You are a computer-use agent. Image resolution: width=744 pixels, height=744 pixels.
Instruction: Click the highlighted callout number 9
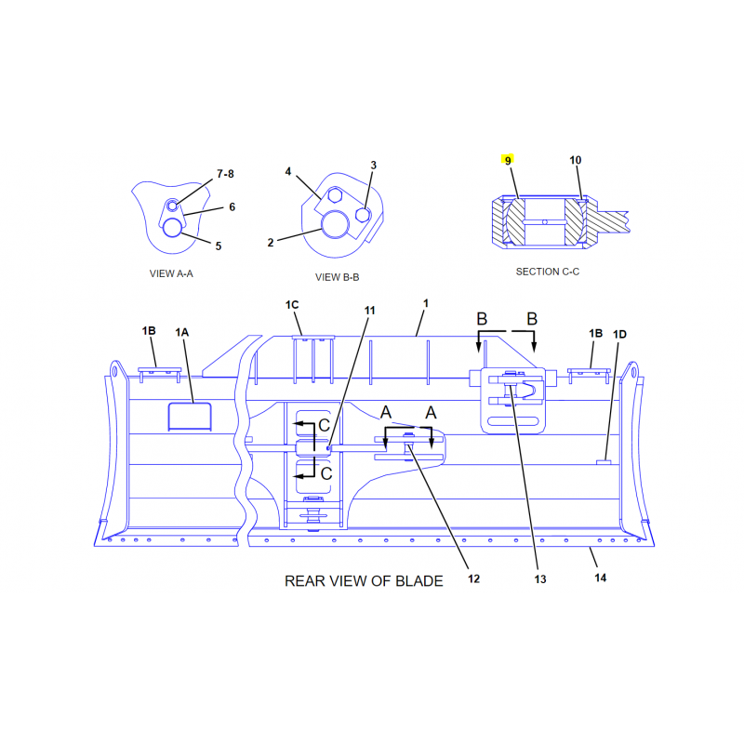point(508,160)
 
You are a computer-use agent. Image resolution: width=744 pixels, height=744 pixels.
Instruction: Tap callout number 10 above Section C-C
point(575,160)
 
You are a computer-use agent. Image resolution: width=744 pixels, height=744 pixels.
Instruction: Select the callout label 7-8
point(225,174)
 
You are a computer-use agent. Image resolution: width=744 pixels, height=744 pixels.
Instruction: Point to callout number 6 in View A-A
point(232,206)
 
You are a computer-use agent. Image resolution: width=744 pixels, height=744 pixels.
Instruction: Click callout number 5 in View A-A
point(219,246)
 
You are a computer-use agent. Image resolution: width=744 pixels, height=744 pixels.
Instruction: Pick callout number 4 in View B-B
point(288,171)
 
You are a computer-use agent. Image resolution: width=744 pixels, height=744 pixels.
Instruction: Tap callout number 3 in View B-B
point(374,166)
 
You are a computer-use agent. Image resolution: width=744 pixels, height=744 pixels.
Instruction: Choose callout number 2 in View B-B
point(271,243)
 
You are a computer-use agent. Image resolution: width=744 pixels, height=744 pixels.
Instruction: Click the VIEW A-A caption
point(171,273)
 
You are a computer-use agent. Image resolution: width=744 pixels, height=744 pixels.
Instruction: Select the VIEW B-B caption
point(337,277)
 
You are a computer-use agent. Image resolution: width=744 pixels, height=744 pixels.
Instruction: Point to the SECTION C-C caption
point(548,272)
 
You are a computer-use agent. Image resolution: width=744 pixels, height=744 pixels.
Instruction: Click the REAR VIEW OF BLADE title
point(364,581)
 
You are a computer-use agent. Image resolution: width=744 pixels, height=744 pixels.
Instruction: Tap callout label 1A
point(181,333)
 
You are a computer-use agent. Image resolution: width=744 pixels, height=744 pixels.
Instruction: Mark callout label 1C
point(292,305)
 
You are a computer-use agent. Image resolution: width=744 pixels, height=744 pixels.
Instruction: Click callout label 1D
point(619,335)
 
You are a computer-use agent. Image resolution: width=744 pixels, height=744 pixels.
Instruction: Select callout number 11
point(369,311)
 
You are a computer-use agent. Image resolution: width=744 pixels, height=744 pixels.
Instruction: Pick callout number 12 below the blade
point(473,578)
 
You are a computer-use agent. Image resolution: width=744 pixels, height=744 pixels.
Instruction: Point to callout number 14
point(600,578)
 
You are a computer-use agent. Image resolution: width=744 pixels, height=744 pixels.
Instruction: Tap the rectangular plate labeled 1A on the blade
point(190,417)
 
